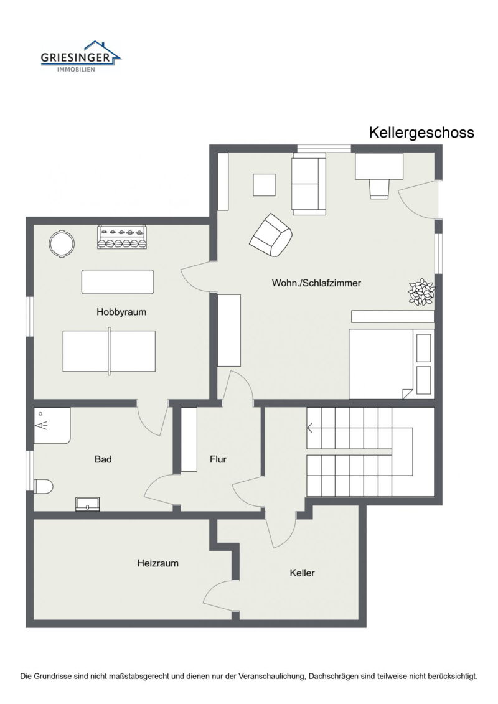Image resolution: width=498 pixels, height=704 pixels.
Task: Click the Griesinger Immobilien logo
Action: tap(81, 56)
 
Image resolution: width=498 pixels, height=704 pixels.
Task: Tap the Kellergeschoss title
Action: tap(421, 133)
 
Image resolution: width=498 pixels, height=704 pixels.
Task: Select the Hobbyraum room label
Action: tap(121, 312)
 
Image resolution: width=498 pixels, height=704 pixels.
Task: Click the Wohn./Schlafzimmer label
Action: tap(316, 283)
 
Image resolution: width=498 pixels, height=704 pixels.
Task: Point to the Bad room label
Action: tap(103, 459)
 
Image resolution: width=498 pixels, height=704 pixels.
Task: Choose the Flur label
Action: tap(218, 459)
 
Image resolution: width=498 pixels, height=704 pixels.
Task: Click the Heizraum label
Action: tap(157, 563)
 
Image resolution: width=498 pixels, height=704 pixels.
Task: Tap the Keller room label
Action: tap(302, 573)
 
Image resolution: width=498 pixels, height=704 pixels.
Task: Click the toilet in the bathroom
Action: tap(44, 486)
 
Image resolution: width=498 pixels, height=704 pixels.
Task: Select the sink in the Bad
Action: tap(88, 504)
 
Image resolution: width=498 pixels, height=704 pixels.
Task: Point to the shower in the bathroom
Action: tap(52, 425)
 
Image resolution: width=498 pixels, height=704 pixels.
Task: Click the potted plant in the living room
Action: tap(421, 293)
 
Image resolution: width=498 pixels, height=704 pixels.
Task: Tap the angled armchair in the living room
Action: tap(271, 235)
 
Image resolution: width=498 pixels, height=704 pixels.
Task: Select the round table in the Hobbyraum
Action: tap(62, 243)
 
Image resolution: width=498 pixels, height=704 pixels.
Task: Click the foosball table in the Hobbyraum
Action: tap(121, 237)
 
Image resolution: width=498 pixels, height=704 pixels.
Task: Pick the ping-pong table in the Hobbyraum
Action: tap(109, 351)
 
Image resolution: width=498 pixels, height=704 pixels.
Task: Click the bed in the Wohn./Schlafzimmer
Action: tap(392, 364)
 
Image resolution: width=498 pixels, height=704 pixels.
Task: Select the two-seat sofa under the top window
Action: tap(309, 184)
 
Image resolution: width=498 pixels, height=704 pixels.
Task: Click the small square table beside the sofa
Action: tap(264, 184)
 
